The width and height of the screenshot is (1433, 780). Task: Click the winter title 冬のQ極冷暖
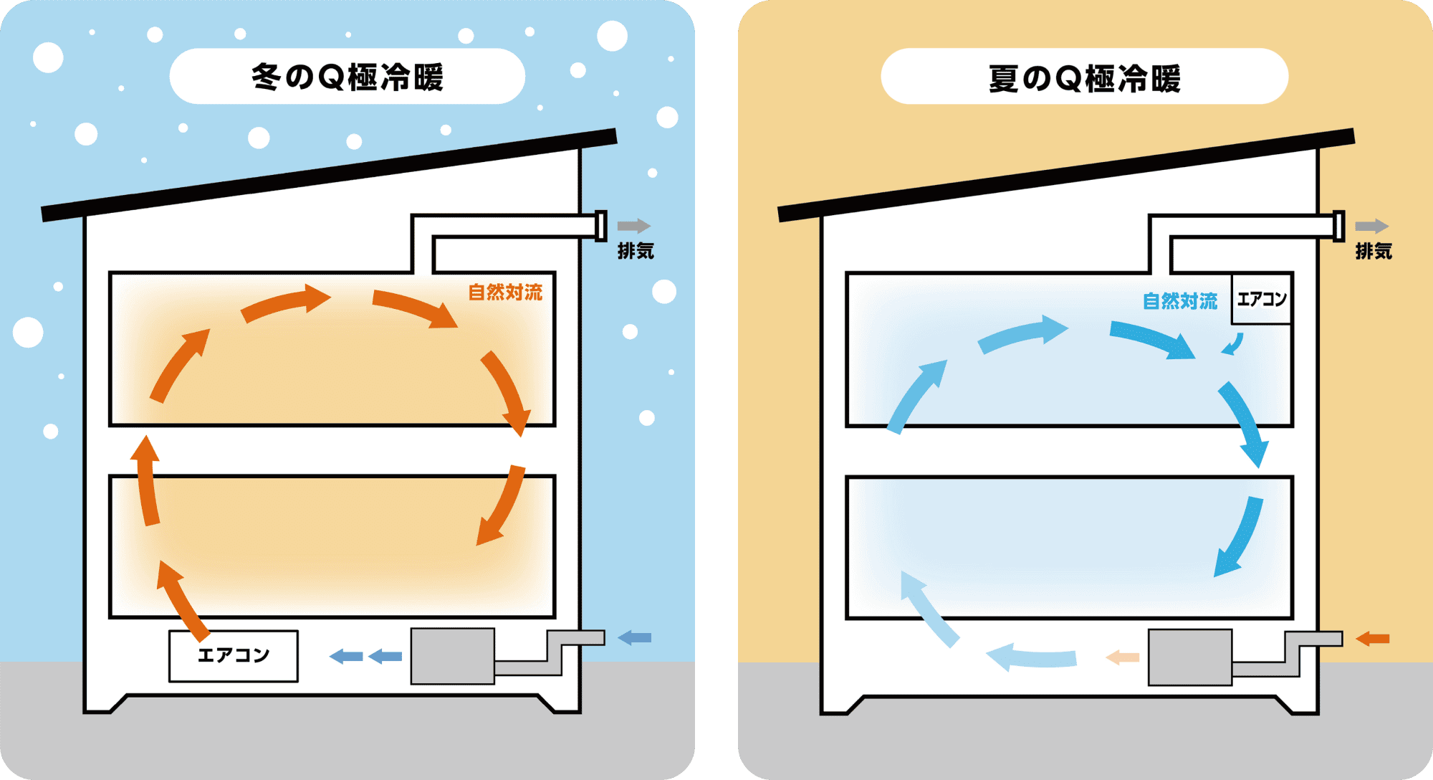(x=348, y=77)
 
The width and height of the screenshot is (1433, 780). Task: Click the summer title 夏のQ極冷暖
(x=1085, y=78)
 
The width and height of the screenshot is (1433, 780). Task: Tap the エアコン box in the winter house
(x=234, y=656)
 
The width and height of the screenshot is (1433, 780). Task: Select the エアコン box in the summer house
(x=1262, y=299)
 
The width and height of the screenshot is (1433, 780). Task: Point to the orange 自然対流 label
(x=505, y=292)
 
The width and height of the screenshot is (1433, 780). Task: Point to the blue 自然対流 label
(x=1180, y=301)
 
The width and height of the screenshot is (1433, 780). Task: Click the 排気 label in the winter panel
(x=636, y=251)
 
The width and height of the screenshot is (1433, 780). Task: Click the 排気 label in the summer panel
(x=1374, y=251)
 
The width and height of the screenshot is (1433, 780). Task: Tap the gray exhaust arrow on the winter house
(x=634, y=226)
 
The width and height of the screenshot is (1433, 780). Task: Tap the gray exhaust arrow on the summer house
(x=1372, y=226)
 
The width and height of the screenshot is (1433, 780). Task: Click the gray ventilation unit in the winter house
(x=453, y=656)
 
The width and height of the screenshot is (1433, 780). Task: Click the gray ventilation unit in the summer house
(x=1190, y=657)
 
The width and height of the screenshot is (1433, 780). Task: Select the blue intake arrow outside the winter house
(x=634, y=637)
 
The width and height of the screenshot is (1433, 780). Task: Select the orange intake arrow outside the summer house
(x=1372, y=638)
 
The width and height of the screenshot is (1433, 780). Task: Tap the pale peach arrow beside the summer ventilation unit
(x=1122, y=657)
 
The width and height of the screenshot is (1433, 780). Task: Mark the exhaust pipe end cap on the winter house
(x=601, y=226)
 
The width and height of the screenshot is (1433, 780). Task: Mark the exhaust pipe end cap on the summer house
(x=1338, y=226)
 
